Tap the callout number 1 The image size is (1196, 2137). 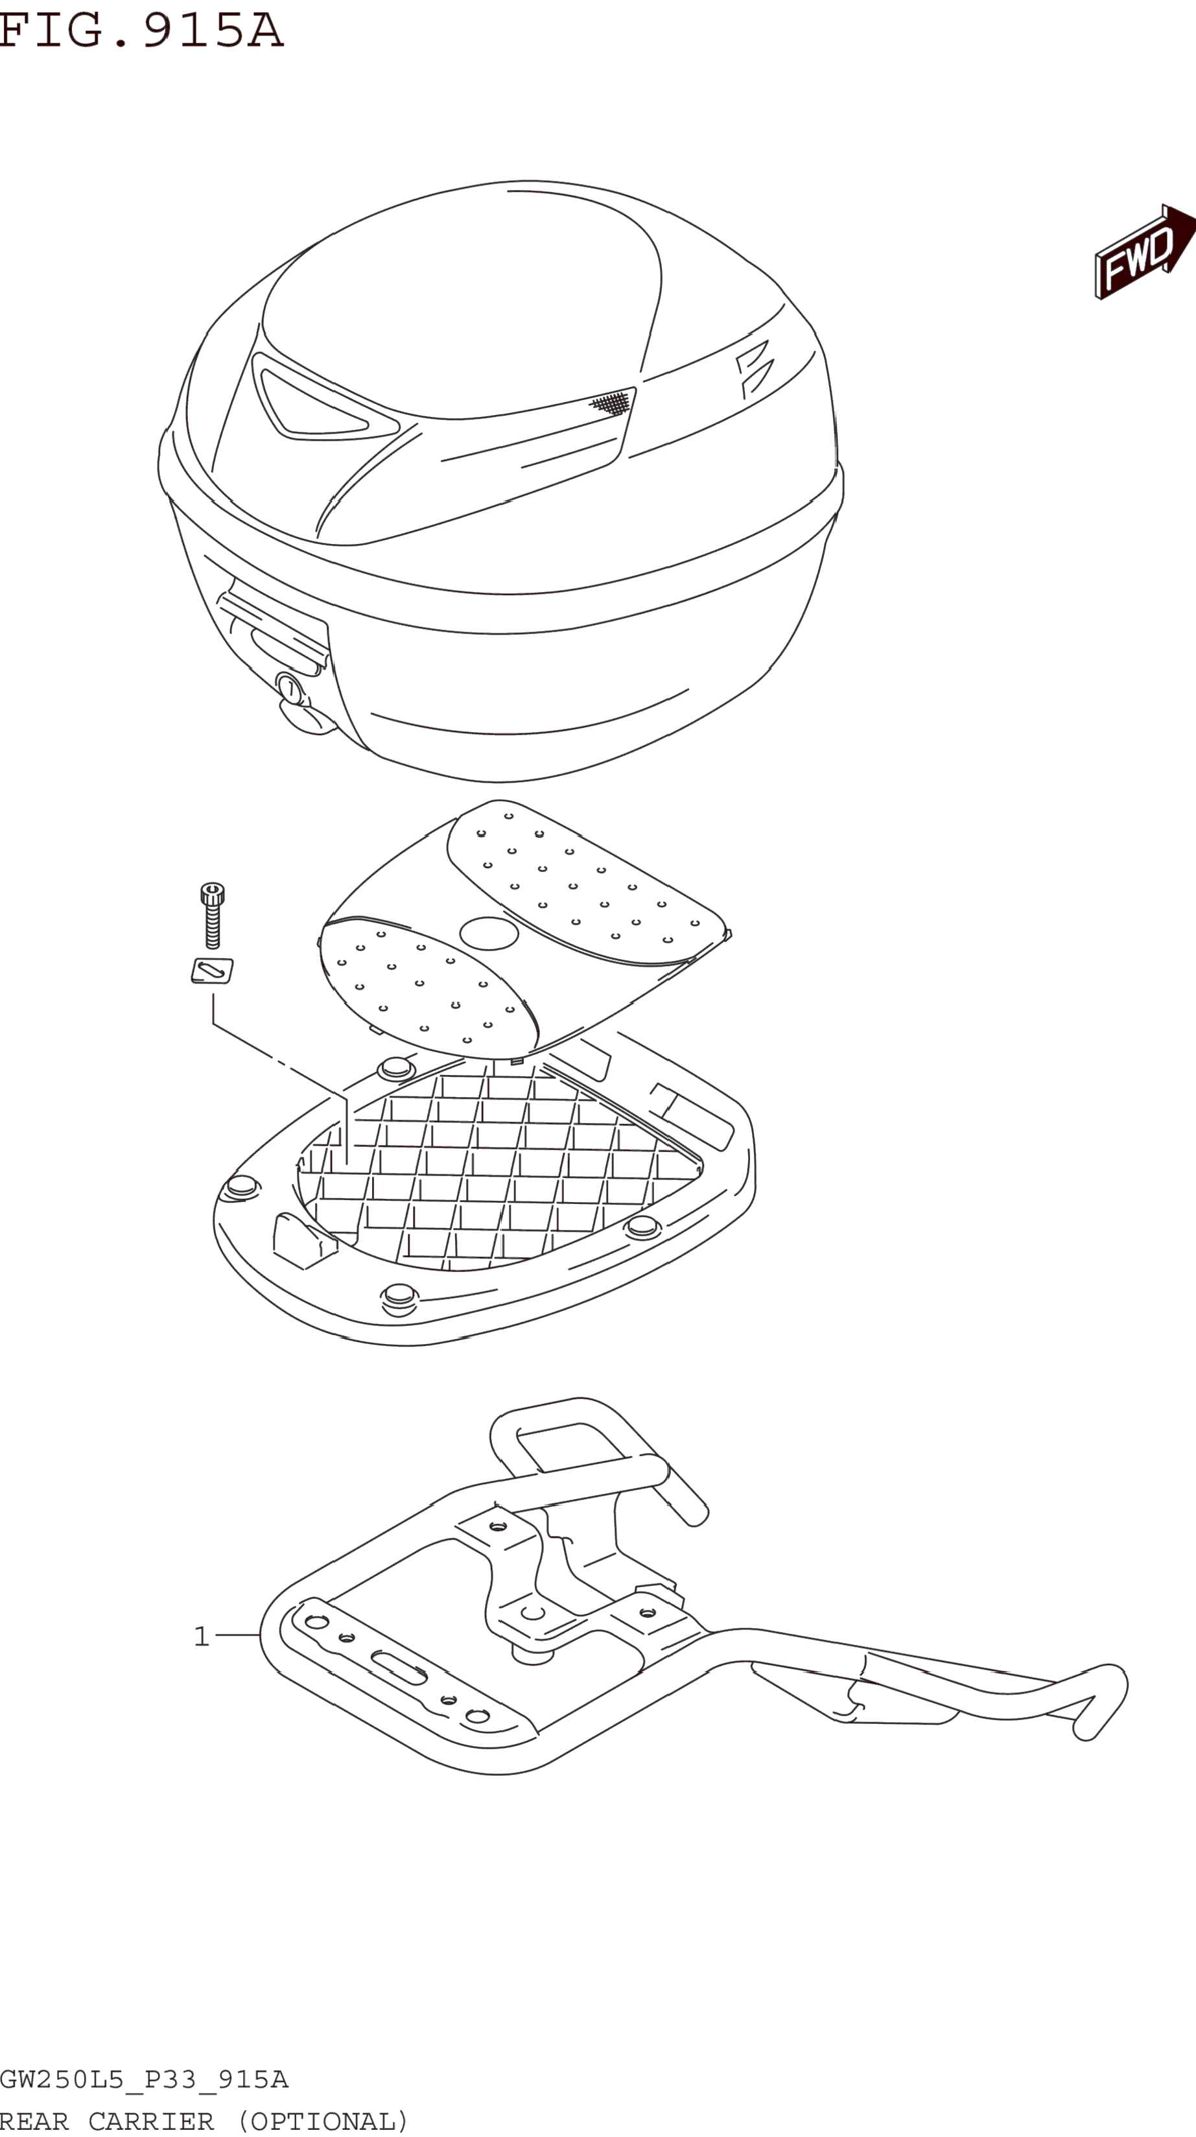click(201, 1636)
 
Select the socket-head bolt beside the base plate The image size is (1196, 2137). click(213, 915)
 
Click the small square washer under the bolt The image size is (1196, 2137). click(213, 971)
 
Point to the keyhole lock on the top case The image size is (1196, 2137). click(290, 688)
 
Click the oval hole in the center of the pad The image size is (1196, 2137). click(489, 933)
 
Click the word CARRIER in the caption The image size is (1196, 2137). click(151, 2120)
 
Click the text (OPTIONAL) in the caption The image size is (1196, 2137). click(323, 2120)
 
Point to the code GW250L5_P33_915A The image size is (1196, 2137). click(143, 2079)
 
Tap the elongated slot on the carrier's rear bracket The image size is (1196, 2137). click(399, 1668)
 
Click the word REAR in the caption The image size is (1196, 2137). click(34, 2120)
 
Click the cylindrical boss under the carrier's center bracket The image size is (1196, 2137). click(532, 1654)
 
